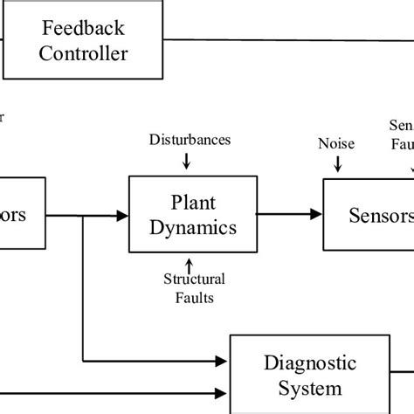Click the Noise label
pos(336,144)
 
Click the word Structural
pos(194,279)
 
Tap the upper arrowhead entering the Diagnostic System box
pos(222,359)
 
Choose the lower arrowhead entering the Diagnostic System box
pos(222,392)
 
